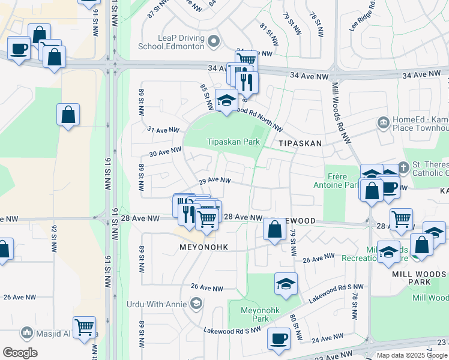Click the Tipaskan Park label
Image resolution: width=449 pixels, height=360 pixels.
click(234, 142)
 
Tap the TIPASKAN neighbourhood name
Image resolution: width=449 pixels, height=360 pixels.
click(300, 144)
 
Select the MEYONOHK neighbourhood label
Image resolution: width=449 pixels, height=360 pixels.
click(203, 247)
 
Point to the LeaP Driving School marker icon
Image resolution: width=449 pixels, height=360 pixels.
click(214, 41)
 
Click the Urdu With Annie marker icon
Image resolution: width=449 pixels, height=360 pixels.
click(196, 304)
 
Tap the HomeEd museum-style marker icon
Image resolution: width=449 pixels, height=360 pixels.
click(382, 123)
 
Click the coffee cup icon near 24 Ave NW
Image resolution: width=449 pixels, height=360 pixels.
click(279, 338)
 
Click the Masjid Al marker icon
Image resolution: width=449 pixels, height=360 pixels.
click(26, 332)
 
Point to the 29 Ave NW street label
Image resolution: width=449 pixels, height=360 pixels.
click(215, 180)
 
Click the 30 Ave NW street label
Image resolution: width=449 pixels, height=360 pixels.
click(165, 152)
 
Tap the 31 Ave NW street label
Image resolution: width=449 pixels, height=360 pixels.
click(163, 130)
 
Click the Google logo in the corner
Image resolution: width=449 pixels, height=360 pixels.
click(20, 352)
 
